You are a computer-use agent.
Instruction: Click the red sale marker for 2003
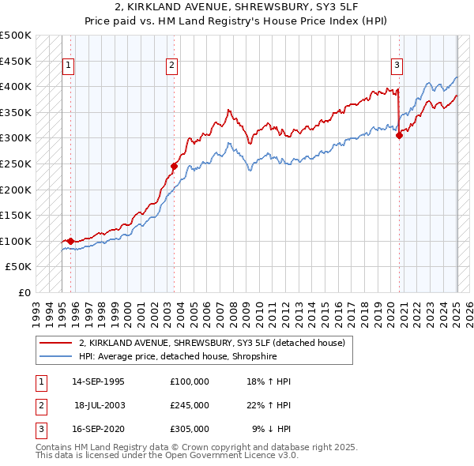click(x=174, y=166)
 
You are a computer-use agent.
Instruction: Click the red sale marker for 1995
click(x=70, y=241)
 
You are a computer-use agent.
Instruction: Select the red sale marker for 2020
click(x=399, y=135)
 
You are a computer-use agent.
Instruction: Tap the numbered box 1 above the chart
click(x=69, y=66)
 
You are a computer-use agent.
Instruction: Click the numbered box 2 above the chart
click(x=172, y=66)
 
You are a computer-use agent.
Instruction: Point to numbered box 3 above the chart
click(x=397, y=66)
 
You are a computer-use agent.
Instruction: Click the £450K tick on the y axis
click(x=16, y=61)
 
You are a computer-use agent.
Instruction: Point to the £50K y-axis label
click(x=19, y=267)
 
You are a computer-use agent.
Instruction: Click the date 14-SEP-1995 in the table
click(x=98, y=381)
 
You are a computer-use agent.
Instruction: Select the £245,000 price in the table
click(x=189, y=405)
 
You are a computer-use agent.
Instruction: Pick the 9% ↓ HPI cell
click(x=272, y=429)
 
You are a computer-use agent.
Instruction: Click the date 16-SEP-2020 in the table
click(x=98, y=429)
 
